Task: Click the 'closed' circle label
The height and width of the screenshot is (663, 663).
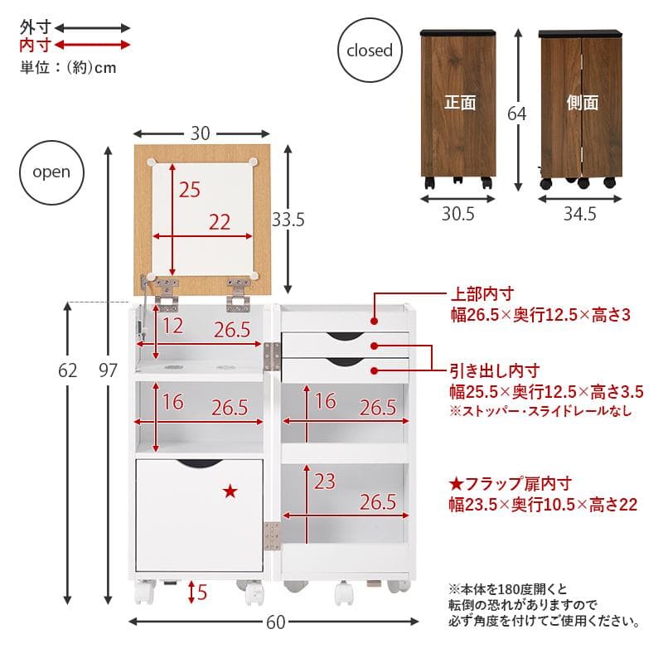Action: coord(369,51)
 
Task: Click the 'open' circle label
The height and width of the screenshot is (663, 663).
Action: coord(51,172)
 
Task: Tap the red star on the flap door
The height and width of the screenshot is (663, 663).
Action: coord(230,492)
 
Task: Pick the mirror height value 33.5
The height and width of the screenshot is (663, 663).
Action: coord(288,220)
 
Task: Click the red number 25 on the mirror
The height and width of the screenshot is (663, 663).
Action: coord(189,190)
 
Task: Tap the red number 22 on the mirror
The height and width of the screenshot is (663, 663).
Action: coord(220,222)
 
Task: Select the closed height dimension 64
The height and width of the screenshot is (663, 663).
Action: coord(516,114)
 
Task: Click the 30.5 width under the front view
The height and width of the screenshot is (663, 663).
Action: coord(457,215)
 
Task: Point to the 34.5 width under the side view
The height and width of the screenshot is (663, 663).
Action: coord(579,215)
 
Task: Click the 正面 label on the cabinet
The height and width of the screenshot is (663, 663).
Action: coord(459,103)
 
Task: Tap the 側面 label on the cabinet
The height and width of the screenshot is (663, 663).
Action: coord(582,103)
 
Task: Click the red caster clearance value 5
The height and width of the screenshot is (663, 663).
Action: coord(204,593)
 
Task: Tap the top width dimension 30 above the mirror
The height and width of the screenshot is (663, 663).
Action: coord(201,133)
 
